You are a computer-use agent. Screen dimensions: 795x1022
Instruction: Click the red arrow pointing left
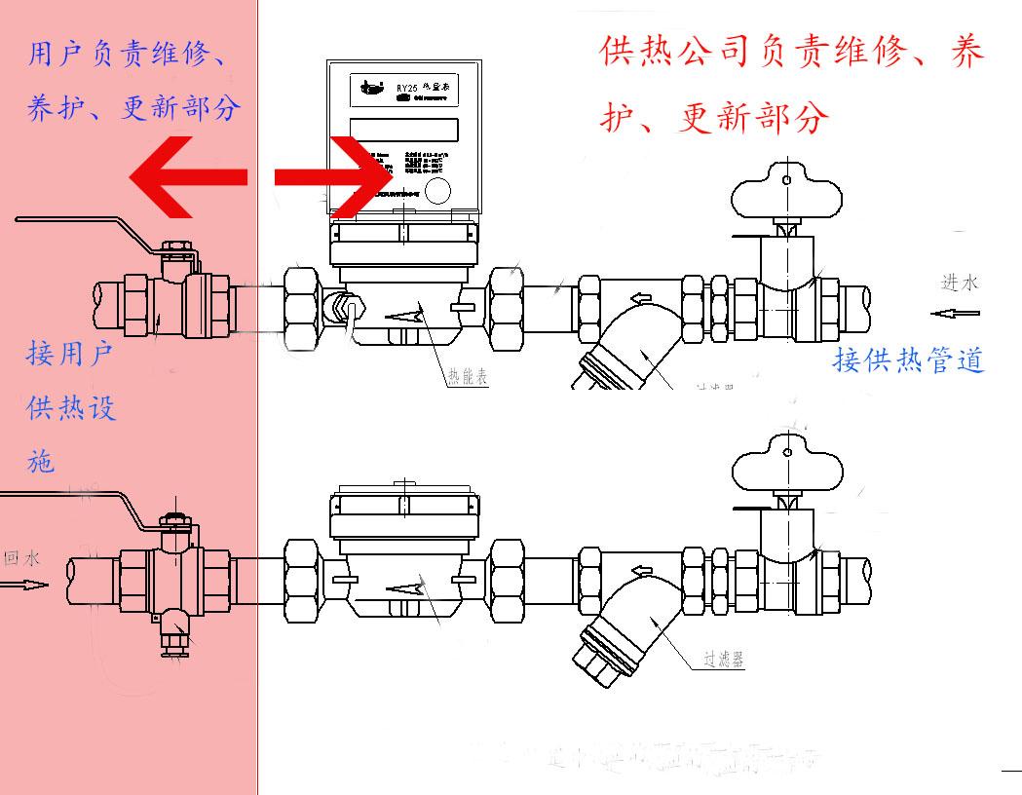pyautogui.click(x=185, y=177)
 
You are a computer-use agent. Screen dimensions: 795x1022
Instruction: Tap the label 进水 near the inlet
pyautogui.click(x=959, y=284)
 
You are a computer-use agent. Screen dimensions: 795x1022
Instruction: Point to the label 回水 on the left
pyautogui.click(x=21, y=558)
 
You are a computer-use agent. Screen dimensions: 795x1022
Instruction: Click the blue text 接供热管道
pyautogui.click(x=908, y=360)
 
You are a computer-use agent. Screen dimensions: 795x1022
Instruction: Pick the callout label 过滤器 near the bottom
pyautogui.click(x=724, y=660)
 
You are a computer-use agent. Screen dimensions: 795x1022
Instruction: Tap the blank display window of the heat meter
pyautogui.click(x=403, y=129)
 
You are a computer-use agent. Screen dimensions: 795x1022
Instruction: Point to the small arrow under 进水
pyautogui.click(x=954, y=314)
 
